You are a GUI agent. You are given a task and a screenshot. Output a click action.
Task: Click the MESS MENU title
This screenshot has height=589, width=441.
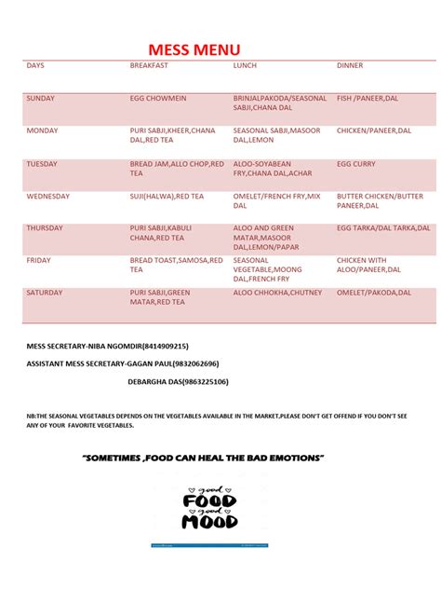point(194,49)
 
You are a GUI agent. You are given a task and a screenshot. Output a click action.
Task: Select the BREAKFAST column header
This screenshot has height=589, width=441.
point(149,66)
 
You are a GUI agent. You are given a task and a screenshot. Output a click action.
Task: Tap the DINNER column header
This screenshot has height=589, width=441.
point(350,66)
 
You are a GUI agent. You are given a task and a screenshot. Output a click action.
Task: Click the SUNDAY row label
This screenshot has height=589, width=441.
point(41,98)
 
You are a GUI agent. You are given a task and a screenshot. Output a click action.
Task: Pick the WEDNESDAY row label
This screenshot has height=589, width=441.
point(48,197)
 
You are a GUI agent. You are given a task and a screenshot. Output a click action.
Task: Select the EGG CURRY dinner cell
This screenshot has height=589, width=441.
point(356,164)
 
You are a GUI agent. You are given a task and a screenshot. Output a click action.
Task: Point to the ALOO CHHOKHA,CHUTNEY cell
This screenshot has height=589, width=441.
point(277,293)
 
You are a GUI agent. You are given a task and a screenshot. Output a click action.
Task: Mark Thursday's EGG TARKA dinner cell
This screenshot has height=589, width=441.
point(383,228)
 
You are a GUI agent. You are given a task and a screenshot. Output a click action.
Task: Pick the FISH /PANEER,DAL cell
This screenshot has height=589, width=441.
point(373,98)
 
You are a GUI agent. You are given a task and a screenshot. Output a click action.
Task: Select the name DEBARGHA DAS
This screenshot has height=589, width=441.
point(154,381)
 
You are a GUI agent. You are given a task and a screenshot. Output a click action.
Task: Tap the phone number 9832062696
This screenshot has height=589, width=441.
point(191,363)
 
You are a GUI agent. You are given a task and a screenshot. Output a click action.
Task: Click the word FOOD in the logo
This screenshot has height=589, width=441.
point(209,501)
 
